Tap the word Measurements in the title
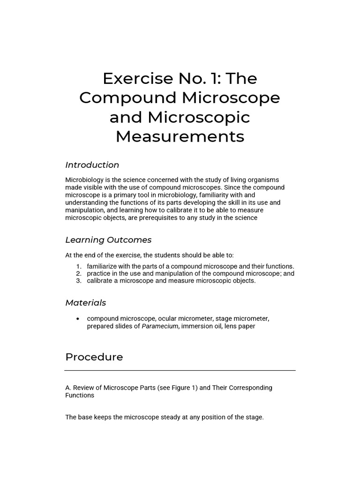tap(180, 136)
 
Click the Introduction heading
tap(92, 165)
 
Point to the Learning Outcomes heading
tap(108, 240)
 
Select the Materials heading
tap(86, 303)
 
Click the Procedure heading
tap(94, 357)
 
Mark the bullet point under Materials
tap(78, 319)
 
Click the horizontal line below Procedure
tap(180, 370)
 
